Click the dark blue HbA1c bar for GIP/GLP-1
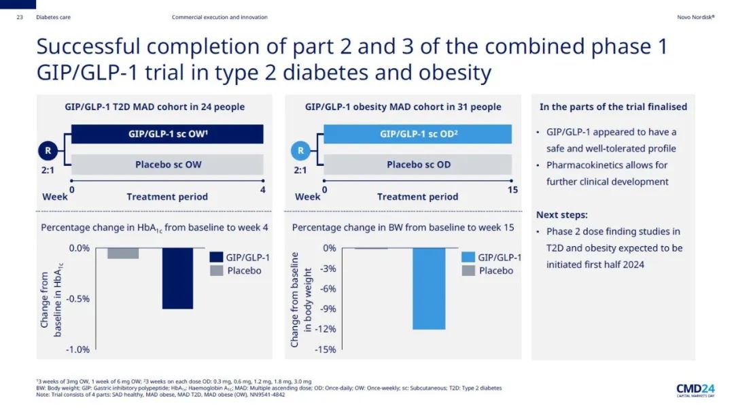[x=177, y=278]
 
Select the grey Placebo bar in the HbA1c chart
[x=123, y=253]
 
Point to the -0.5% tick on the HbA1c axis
[x=79, y=299]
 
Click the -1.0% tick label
[x=79, y=350]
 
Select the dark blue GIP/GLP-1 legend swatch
[x=217, y=258]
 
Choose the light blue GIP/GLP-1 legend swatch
[x=468, y=258]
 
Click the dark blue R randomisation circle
[x=47, y=150]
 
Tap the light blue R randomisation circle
[x=300, y=150]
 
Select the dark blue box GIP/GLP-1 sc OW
[x=168, y=134]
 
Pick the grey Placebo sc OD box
[x=418, y=165]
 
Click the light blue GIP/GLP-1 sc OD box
[x=418, y=134]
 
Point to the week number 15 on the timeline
[x=512, y=190]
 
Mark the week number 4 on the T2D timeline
[x=263, y=190]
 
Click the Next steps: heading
[x=562, y=215]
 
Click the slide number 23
[x=20, y=17]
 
